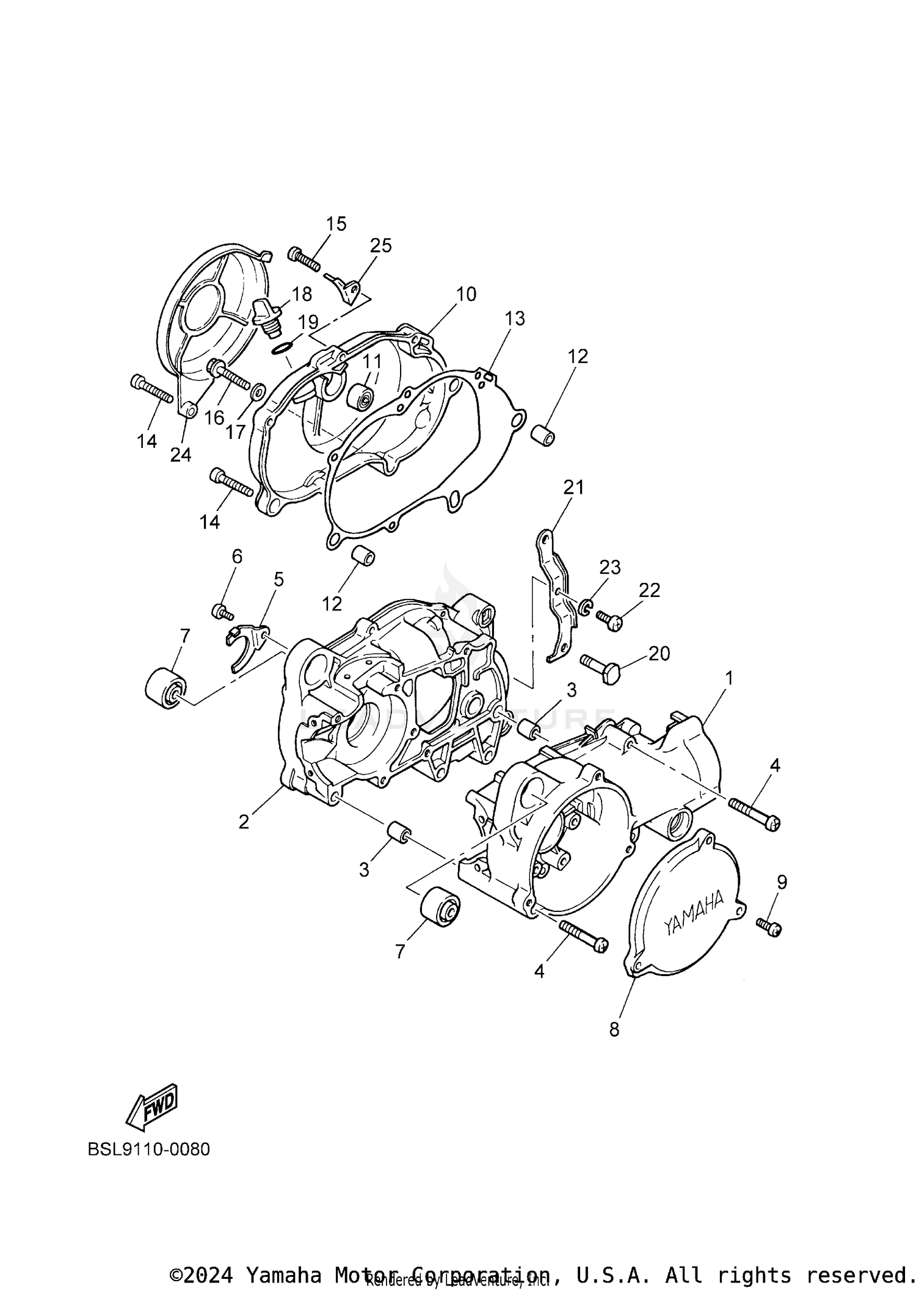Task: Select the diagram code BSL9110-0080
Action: click(x=148, y=1149)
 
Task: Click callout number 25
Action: click(x=380, y=245)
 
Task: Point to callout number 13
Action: click(x=514, y=318)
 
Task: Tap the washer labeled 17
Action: click(x=258, y=390)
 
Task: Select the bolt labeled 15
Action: click(x=304, y=259)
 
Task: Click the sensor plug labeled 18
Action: click(x=267, y=316)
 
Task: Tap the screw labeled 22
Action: click(x=609, y=621)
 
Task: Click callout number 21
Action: click(x=573, y=487)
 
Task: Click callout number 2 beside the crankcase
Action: click(x=244, y=822)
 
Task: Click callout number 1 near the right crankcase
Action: click(x=728, y=678)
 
